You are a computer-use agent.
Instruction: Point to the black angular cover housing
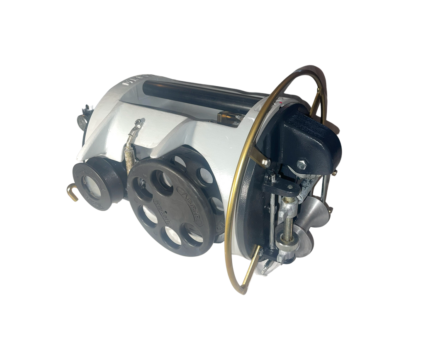pyautogui.click(x=315, y=137)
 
